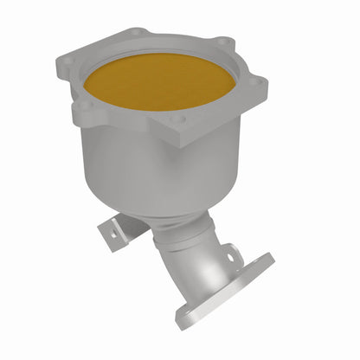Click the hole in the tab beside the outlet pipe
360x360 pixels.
point(230,255)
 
